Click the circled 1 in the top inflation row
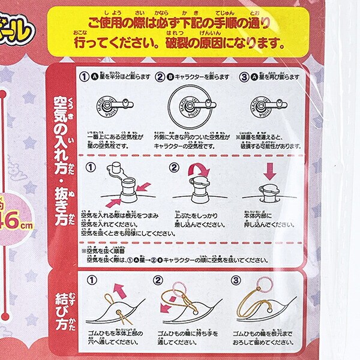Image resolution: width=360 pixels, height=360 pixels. click(x=85, y=77)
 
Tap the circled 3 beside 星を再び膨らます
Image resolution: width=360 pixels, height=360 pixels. click(x=244, y=77)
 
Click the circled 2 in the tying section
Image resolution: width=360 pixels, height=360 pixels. click(x=158, y=280)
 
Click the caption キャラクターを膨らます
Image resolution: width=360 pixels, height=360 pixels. click(x=192, y=77)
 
